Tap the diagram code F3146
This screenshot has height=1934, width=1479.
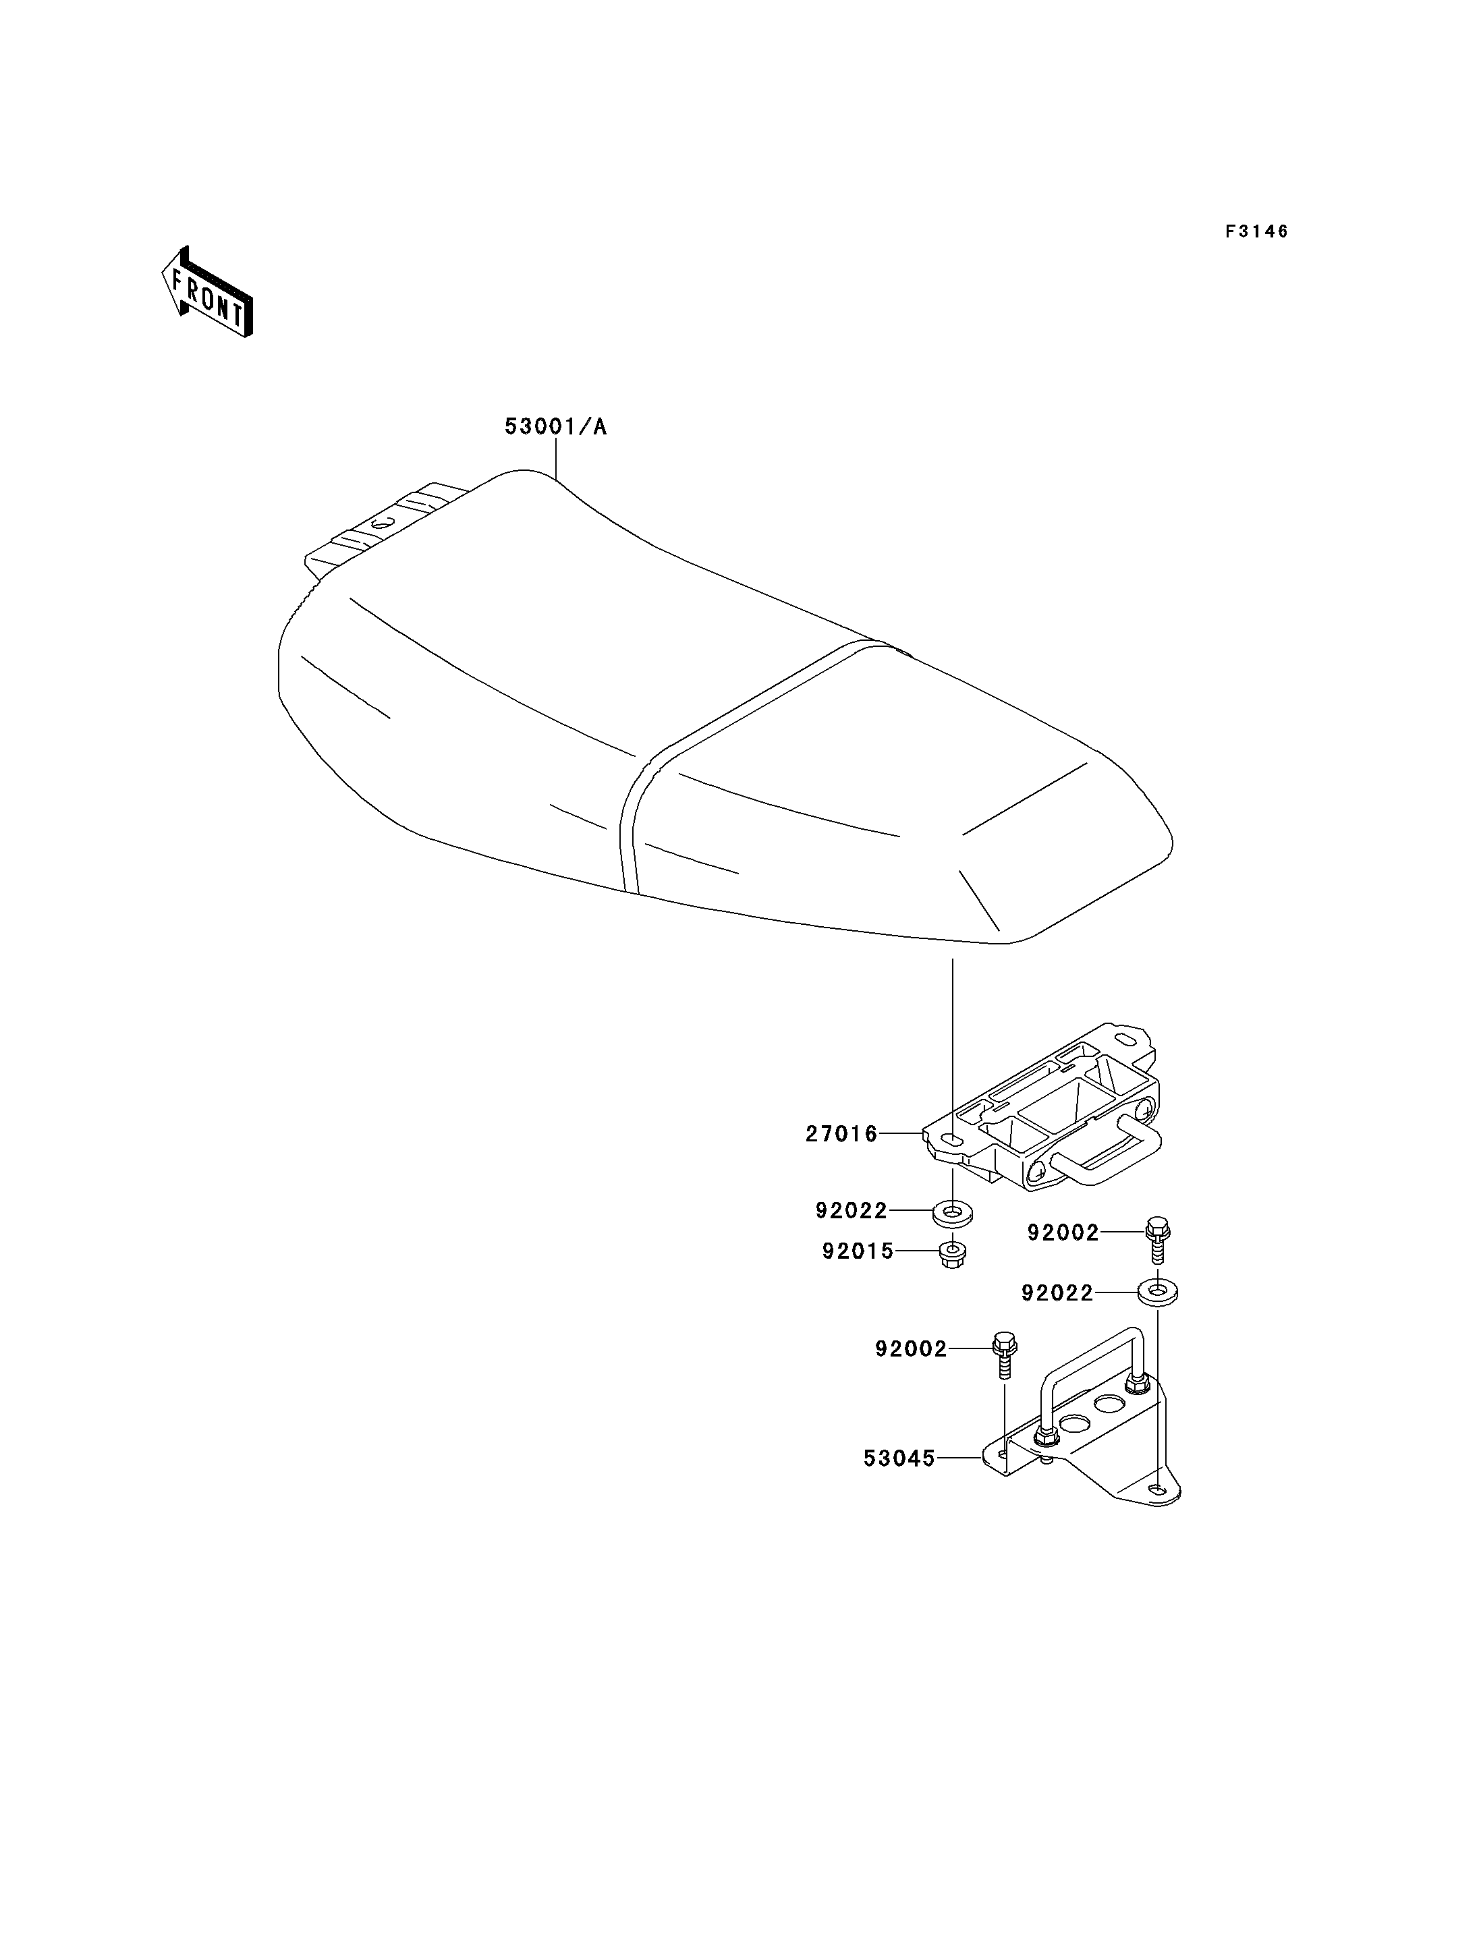pyautogui.click(x=1256, y=231)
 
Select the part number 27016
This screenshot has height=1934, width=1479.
pyautogui.click(x=841, y=1134)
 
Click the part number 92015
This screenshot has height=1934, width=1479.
pyautogui.click(x=858, y=1251)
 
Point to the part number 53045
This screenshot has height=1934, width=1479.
pyautogui.click(x=899, y=1458)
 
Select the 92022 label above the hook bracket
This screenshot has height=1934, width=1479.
pyautogui.click(x=1057, y=1293)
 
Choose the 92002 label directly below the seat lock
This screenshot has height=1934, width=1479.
pyautogui.click(x=1063, y=1233)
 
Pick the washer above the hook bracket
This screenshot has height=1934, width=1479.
pyautogui.click(x=1158, y=1294)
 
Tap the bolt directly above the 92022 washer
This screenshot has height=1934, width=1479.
pyautogui.click(x=1158, y=1239)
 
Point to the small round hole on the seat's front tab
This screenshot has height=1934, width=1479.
pyautogui.click(x=381, y=523)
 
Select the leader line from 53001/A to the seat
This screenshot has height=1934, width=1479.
pyautogui.click(x=557, y=459)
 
